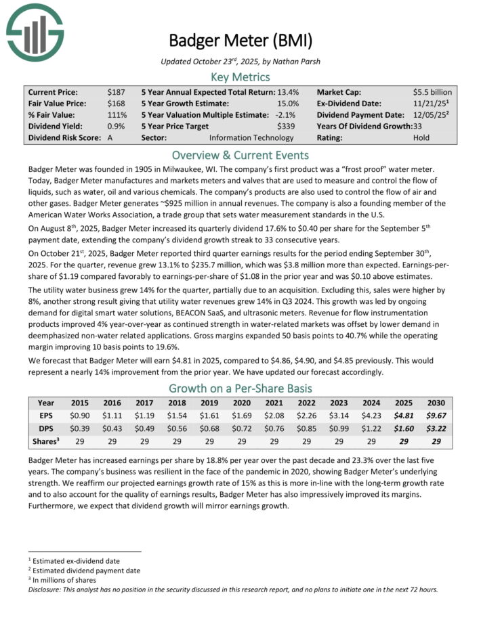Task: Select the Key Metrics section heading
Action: tap(240, 76)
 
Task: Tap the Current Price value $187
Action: tap(116, 91)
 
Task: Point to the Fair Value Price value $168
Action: tap(116, 103)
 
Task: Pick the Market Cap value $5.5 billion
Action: tap(432, 91)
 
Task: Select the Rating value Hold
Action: tap(421, 137)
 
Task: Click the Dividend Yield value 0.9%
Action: tap(117, 126)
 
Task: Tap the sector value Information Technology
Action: tap(251, 137)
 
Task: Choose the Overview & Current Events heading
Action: tap(240, 154)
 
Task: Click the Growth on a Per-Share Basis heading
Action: tap(240, 388)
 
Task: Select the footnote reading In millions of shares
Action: tap(66, 579)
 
